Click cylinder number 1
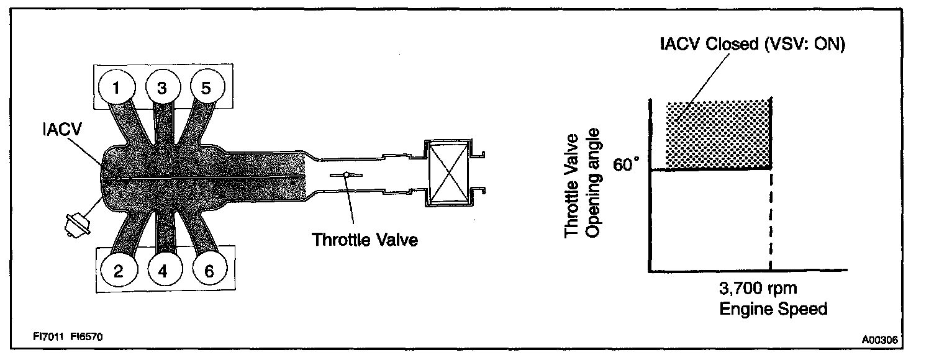(115, 88)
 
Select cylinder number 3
(161, 88)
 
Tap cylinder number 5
(206, 88)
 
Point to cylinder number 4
(162, 270)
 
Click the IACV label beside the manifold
(60, 131)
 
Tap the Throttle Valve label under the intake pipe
(365, 240)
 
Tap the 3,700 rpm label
(757, 289)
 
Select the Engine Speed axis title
(773, 308)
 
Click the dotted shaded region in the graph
(717, 133)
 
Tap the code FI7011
(47, 336)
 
